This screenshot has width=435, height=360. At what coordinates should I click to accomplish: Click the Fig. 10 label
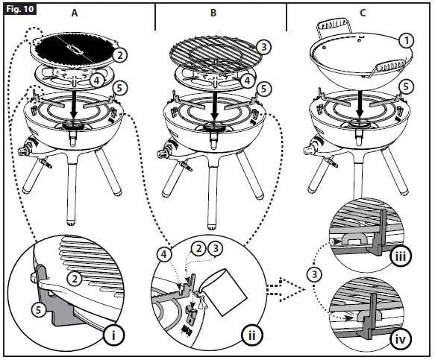point(20,9)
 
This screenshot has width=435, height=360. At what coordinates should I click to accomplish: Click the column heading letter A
point(75,13)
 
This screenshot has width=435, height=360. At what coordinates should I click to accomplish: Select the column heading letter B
point(213,13)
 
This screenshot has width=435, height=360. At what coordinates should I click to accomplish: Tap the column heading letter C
point(363,13)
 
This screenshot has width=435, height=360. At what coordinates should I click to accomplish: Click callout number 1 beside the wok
point(406,41)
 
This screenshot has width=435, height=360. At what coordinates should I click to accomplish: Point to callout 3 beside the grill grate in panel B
point(263,47)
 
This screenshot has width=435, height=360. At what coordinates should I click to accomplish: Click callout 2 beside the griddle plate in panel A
point(119,55)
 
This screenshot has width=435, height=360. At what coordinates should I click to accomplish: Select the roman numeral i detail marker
point(113,335)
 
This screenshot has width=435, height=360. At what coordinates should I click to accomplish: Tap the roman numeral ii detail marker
point(251,335)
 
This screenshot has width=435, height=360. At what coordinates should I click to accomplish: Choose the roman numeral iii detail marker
point(401,256)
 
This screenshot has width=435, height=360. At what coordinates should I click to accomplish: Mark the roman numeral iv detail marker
point(401,339)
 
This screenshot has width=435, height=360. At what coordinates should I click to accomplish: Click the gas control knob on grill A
point(22,151)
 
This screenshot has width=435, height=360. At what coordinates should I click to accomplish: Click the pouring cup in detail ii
point(225,291)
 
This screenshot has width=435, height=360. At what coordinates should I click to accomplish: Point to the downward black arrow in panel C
point(360,104)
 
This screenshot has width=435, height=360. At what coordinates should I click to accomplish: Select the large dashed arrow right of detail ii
point(286,290)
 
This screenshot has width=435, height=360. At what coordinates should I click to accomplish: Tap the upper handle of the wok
point(334,25)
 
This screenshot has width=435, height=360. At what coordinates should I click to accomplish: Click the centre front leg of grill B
point(213,193)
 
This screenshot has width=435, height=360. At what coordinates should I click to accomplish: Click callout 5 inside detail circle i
point(39,309)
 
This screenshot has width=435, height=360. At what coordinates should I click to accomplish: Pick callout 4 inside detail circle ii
point(164,254)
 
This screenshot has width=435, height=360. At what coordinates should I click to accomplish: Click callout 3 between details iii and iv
point(314,274)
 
